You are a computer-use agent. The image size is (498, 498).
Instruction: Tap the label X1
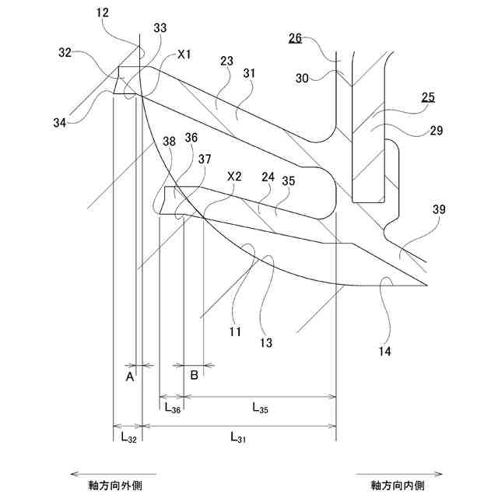click(186, 54)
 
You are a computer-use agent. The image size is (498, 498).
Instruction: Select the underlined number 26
click(296, 38)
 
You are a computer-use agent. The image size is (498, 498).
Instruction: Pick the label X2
click(233, 177)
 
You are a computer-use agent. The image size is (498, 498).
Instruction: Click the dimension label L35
click(261, 406)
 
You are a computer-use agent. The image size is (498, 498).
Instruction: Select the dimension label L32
click(128, 437)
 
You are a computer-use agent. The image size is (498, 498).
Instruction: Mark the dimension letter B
click(195, 376)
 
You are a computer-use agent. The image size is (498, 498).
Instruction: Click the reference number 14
click(385, 352)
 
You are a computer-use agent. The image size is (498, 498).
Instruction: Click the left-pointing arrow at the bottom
click(113, 472)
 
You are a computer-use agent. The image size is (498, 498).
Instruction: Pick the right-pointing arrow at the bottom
click(398, 472)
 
